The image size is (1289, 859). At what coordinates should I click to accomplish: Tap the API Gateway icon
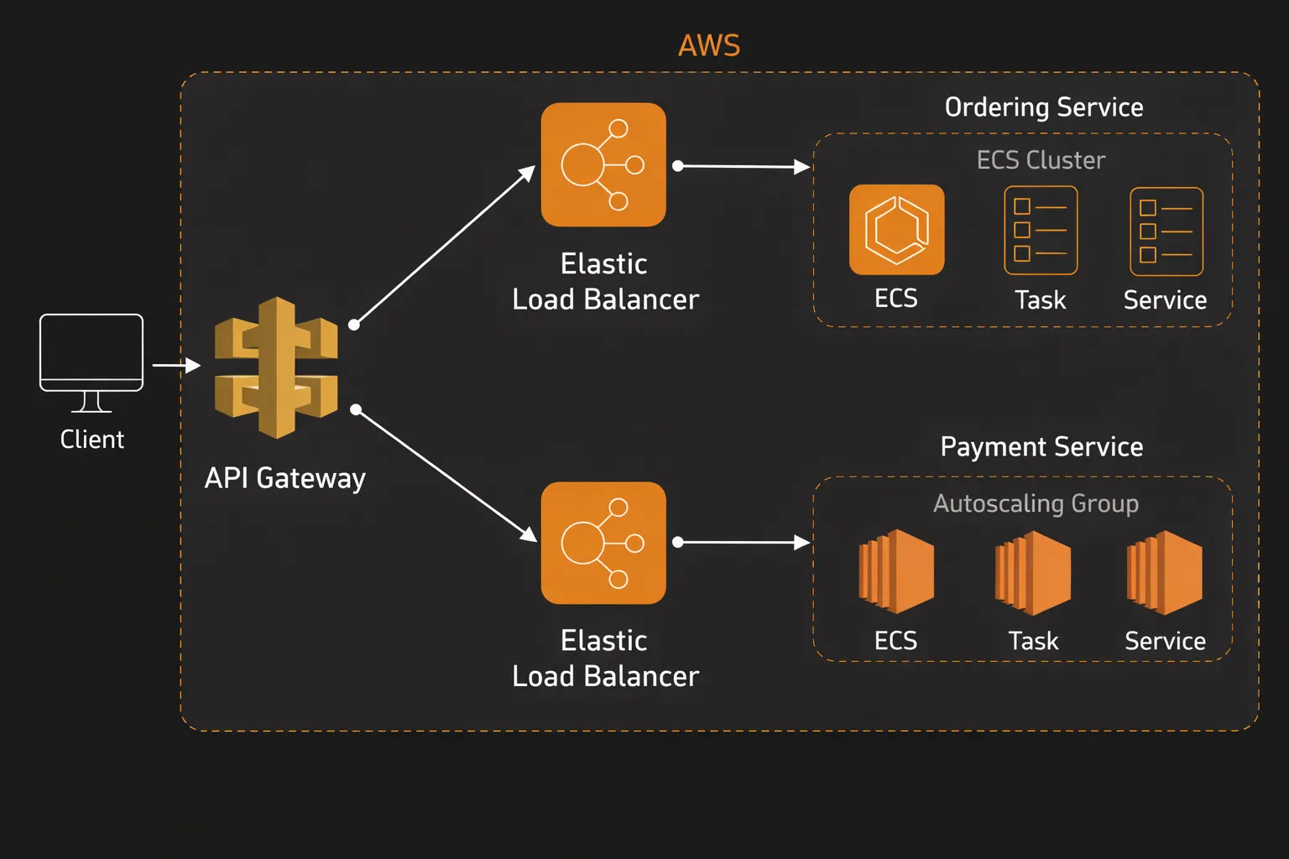pos(276,367)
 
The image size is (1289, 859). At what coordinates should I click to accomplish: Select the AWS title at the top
pos(709,45)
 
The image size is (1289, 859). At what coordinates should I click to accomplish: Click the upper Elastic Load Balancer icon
pos(603,164)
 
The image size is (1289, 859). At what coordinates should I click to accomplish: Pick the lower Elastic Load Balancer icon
pos(603,543)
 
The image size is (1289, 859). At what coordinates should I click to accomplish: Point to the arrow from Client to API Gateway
pos(176,365)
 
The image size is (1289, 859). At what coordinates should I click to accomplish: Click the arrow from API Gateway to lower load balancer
pos(446,475)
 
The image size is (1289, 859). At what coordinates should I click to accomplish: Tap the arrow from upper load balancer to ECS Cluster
pos(743,166)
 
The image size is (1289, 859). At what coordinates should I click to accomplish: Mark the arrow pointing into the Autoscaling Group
pos(743,543)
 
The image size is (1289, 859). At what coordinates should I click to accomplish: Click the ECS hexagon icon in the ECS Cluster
pos(896,230)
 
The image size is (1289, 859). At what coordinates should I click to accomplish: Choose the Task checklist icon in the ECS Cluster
pos(1041,231)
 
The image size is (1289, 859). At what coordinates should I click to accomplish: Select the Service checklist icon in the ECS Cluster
pos(1166,232)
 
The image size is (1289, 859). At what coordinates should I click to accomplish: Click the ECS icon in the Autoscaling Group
pos(896,571)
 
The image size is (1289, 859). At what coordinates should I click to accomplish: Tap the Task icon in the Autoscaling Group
pos(1033,572)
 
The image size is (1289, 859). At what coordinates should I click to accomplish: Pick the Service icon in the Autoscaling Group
pos(1165,572)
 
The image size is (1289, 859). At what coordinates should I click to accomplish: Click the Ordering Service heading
pos(1044,107)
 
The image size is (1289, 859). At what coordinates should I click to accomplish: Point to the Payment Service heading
pos(1041,446)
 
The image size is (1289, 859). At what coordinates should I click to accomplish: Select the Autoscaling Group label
pos(1036,503)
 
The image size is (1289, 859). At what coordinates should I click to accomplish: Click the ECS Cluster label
pos(1041,160)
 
